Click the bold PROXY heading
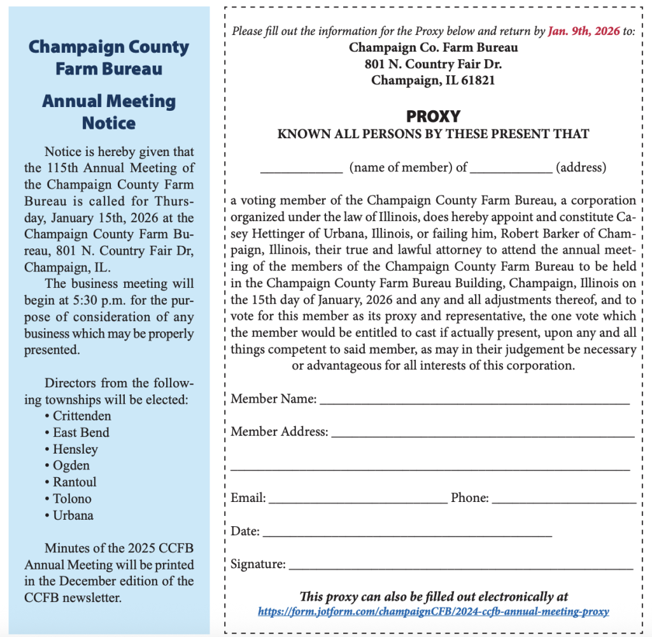coord(433,117)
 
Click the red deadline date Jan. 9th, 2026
coord(584,31)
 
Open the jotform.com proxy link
coord(433,612)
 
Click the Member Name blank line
coord(474,401)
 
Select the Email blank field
coord(358,501)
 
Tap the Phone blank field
coord(564,501)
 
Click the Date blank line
coord(407,534)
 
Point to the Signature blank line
coord(461,566)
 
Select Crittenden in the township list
coord(82,416)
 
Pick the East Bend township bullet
coord(81,433)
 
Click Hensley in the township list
coord(75,449)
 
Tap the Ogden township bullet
coord(71,466)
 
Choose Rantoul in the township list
coord(74,482)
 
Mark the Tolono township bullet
coord(72,499)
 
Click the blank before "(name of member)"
coord(301,170)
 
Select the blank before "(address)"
coord(511,170)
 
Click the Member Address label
coord(279,432)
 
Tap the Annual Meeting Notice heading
coord(109,111)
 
